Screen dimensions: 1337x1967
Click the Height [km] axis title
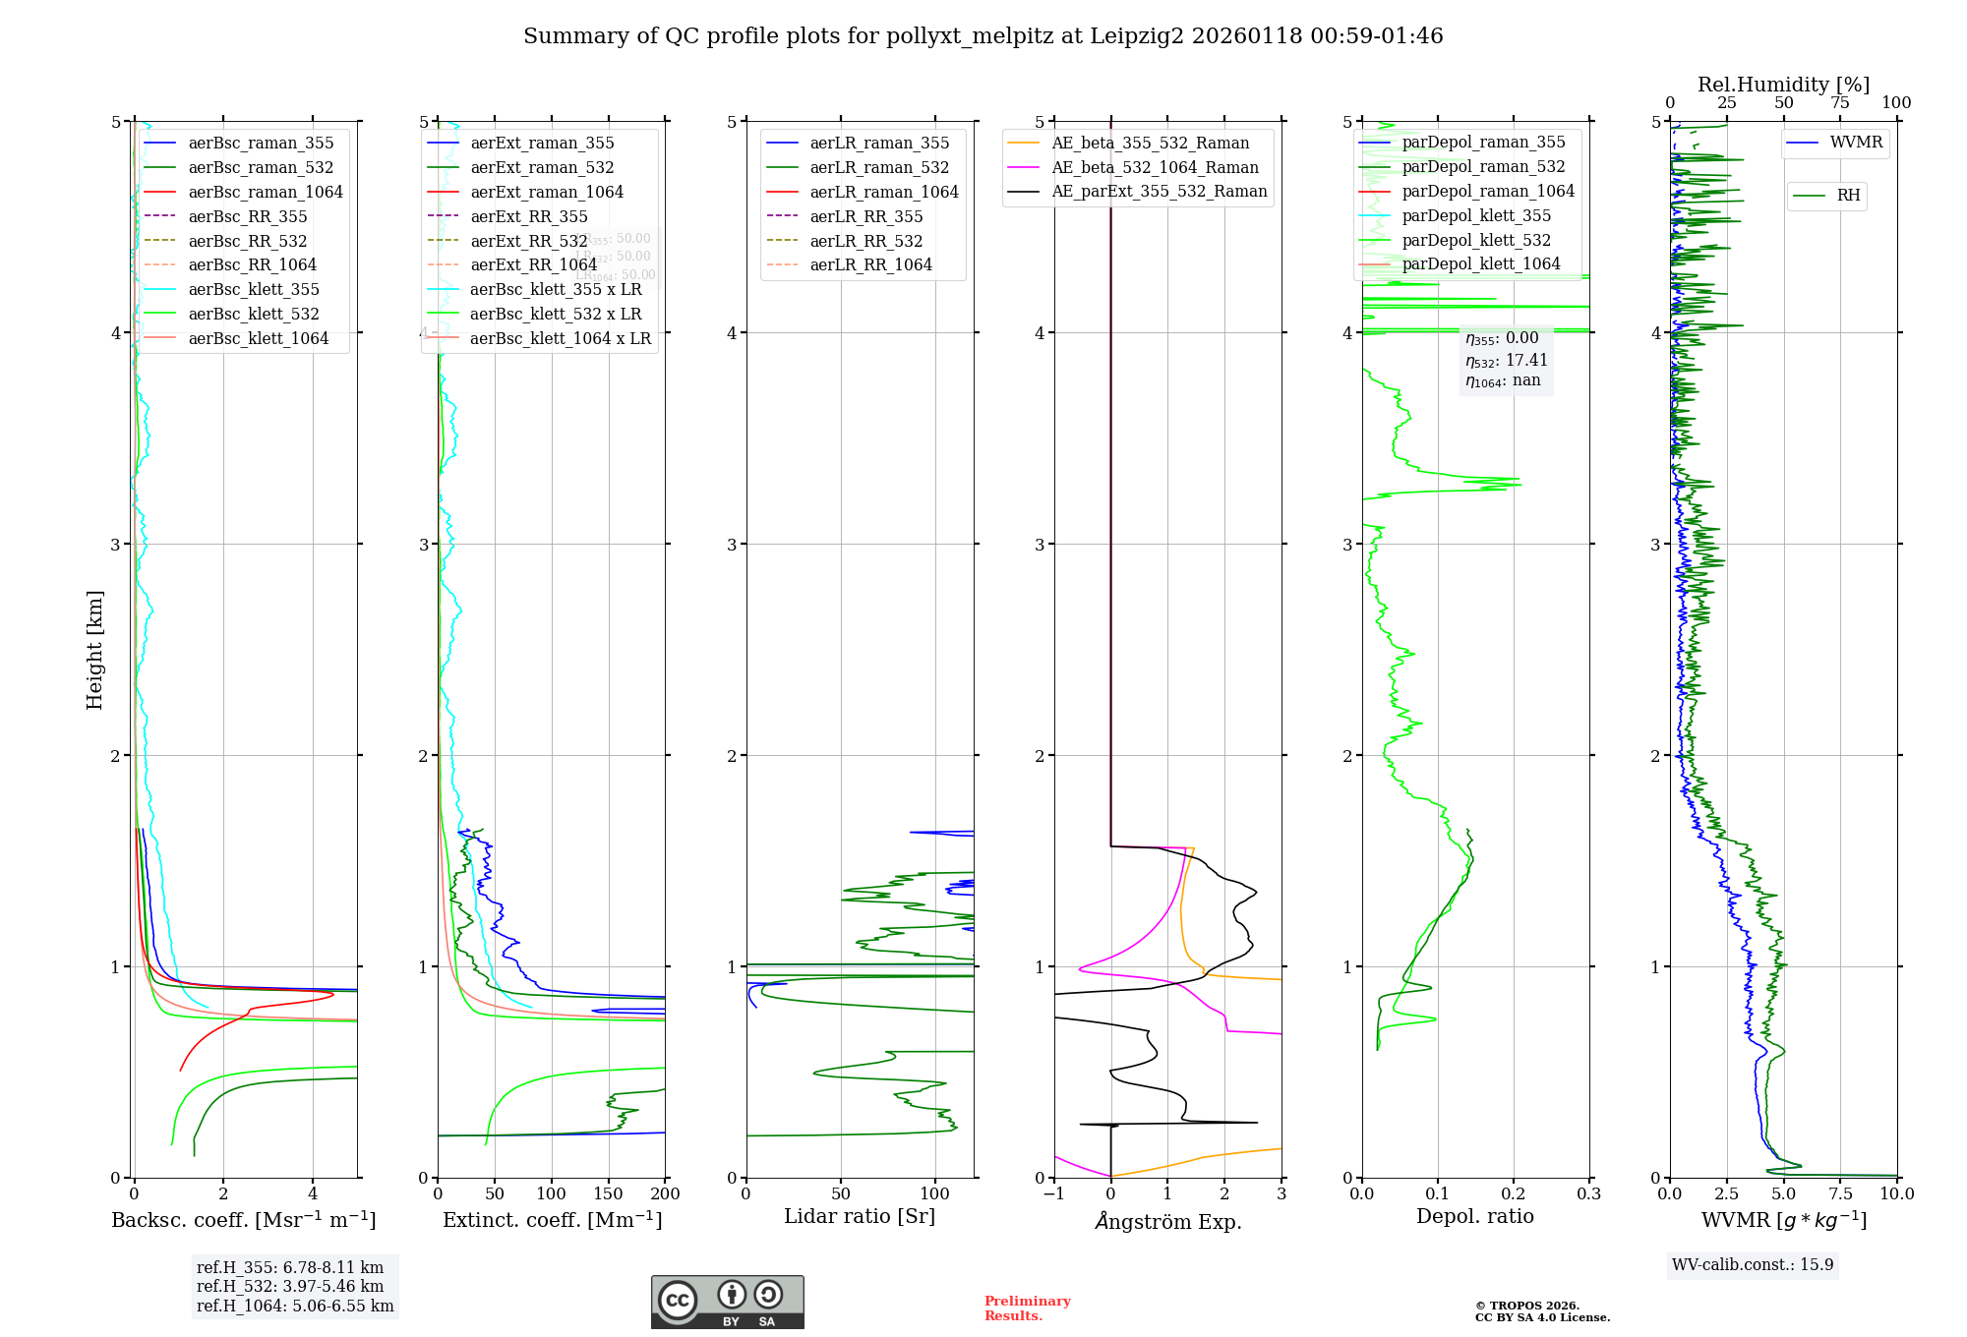pos(94,650)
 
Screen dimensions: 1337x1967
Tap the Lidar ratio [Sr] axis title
pos(859,1216)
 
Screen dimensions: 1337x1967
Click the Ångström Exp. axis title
pos(1167,1221)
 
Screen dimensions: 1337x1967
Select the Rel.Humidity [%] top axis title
pos(1783,85)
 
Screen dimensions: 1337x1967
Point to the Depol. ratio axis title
pos(1474,1216)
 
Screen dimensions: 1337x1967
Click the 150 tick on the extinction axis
pos(608,1193)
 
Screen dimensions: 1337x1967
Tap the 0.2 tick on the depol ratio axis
pos(1513,1193)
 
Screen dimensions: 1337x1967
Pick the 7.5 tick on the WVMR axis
pos(1840,1193)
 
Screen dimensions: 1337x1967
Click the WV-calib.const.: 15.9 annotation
pos(1753,1264)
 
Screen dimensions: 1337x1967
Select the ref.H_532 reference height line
pos(290,1286)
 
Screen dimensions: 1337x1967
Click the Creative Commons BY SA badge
pos(727,1303)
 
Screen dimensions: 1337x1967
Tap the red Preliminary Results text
pos(1027,1308)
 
